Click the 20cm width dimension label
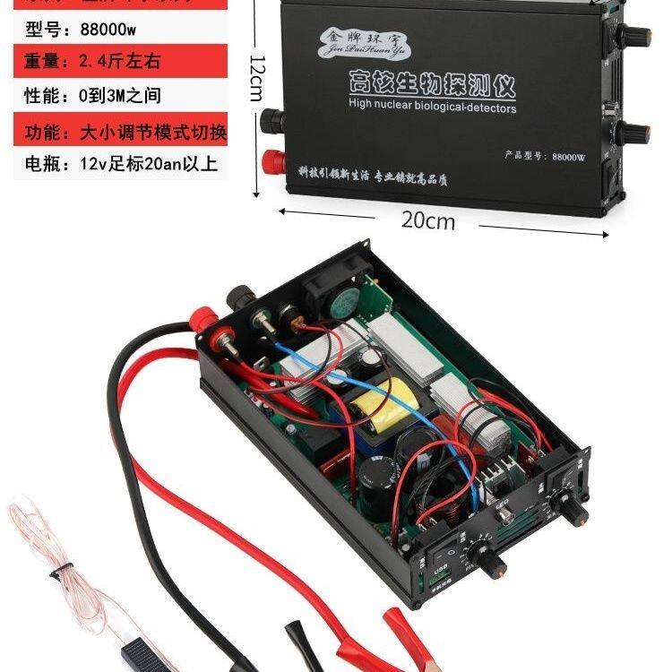(x=427, y=220)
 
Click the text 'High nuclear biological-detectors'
(x=432, y=108)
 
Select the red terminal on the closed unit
(x=268, y=164)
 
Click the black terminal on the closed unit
(x=269, y=118)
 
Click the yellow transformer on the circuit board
(x=383, y=409)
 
